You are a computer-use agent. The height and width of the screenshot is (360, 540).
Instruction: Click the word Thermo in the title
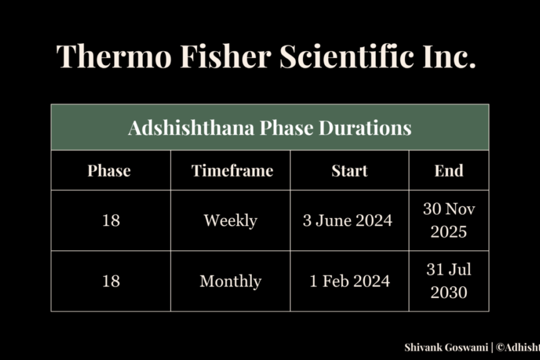point(114,56)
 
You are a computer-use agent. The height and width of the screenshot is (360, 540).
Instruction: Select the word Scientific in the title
point(347,56)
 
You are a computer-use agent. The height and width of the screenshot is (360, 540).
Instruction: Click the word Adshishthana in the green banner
point(191,127)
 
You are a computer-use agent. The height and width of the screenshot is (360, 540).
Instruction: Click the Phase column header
point(109,171)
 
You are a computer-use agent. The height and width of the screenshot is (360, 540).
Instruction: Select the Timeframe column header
point(232,171)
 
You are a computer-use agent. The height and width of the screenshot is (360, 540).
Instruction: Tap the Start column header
point(349,171)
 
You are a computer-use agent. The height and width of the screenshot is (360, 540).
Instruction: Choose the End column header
point(449,171)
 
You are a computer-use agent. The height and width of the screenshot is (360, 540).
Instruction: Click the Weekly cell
point(231,221)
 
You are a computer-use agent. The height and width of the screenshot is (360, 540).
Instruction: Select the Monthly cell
point(231,281)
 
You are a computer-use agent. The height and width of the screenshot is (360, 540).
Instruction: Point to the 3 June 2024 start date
point(347,221)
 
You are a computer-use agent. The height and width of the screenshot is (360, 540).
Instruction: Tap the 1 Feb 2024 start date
point(349,281)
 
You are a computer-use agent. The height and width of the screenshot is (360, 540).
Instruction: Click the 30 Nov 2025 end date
point(449,220)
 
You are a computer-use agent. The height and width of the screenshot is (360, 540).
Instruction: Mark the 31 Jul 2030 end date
point(449,281)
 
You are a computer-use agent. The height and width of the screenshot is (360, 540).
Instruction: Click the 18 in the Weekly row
point(111,221)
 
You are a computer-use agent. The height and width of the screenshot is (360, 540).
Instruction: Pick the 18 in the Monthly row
point(111,281)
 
